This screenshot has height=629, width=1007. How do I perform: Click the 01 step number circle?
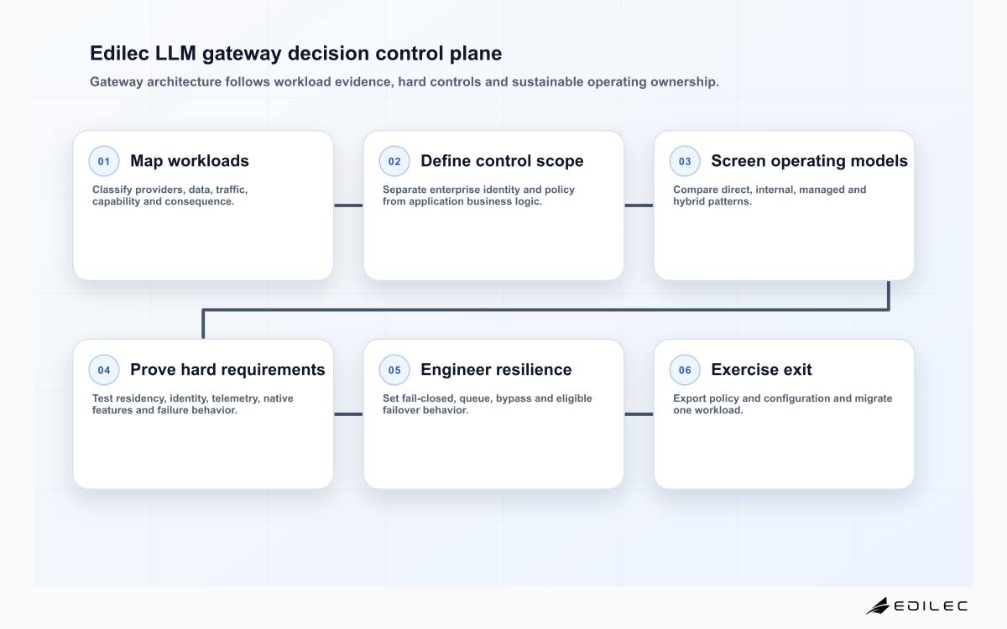(104, 161)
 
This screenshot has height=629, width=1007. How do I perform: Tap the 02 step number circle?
(394, 161)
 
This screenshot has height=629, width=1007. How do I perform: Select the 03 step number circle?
(685, 161)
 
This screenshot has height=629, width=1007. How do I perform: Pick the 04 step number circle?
(104, 370)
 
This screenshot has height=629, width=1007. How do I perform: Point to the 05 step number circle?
(394, 370)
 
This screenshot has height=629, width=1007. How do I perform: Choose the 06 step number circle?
(685, 370)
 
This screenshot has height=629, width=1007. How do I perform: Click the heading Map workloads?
(190, 161)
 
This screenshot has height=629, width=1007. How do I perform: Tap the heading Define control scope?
(502, 161)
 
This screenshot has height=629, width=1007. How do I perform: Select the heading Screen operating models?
(809, 161)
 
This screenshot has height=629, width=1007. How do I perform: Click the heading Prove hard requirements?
(227, 370)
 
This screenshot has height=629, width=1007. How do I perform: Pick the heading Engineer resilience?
(496, 370)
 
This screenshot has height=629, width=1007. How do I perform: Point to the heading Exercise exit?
(761, 370)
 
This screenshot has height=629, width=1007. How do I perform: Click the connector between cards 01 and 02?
(348, 205)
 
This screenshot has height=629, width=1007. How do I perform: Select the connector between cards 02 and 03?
(639, 205)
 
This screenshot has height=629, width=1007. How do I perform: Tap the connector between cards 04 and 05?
(348, 414)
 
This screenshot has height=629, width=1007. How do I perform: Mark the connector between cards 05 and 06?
(639, 414)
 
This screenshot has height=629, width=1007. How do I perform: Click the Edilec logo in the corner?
(916, 606)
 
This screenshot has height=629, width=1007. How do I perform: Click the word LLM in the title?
(175, 53)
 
